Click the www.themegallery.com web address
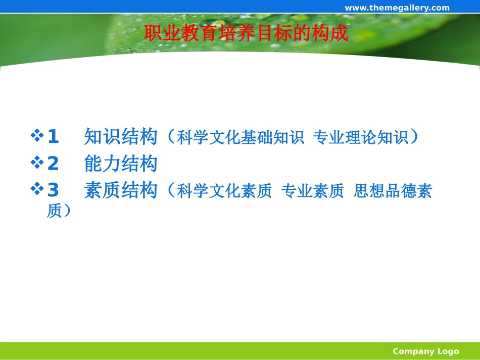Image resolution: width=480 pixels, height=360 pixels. click(x=397, y=7)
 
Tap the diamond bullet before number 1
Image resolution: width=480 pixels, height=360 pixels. click(x=37, y=136)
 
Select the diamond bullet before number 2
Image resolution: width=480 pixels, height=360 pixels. click(x=37, y=163)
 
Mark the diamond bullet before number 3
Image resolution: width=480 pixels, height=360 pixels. click(x=37, y=190)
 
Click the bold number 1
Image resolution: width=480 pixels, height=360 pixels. click(x=53, y=136)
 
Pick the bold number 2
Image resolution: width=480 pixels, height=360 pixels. click(x=53, y=164)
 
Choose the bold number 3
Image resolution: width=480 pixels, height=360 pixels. click(x=53, y=191)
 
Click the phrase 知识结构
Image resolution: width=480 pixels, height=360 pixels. click(x=121, y=136)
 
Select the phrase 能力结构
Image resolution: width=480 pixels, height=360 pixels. click(x=121, y=164)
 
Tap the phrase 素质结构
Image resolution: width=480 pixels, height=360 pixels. click(x=121, y=191)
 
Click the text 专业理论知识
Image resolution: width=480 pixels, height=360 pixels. click(x=360, y=137)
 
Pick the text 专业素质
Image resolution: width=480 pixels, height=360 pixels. click(x=312, y=192)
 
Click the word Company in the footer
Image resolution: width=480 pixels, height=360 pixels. click(x=413, y=351)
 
